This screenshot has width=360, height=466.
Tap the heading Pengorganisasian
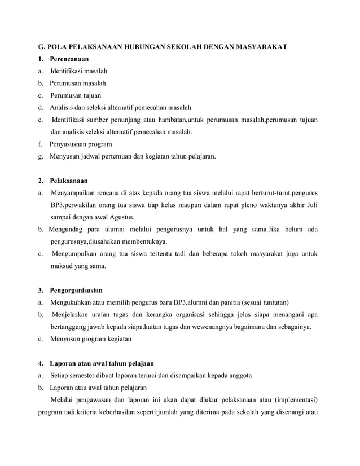[76, 291]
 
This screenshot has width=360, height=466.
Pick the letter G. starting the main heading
[41, 46]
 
